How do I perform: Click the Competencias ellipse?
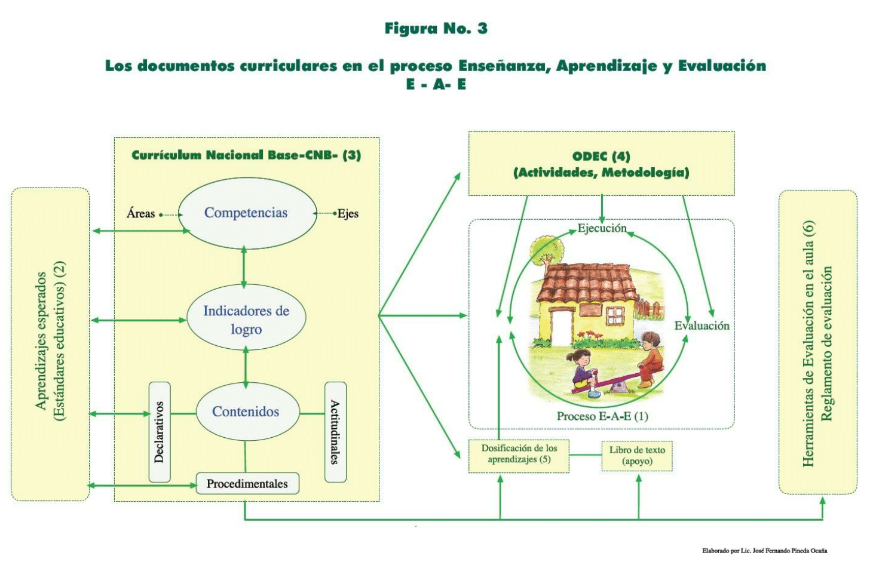[247, 213]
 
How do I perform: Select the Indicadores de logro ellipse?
[246, 317]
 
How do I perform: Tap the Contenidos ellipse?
[247, 412]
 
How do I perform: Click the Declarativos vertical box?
[160, 432]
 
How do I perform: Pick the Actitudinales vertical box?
[335, 432]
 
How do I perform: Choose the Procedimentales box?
[247, 484]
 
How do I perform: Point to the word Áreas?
[140, 214]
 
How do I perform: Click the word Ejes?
[348, 214]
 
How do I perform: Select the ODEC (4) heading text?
[601, 156]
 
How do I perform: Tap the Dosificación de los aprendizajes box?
[519, 456]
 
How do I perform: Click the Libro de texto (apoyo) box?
[637, 456]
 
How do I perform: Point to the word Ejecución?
[602, 228]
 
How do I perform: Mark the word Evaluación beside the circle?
[702, 326]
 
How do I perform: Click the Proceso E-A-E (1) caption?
[602, 416]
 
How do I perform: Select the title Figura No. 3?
[436, 29]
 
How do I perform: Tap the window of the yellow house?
[616, 315]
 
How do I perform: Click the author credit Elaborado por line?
[765, 551]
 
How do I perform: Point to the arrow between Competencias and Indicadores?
[244, 267]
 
